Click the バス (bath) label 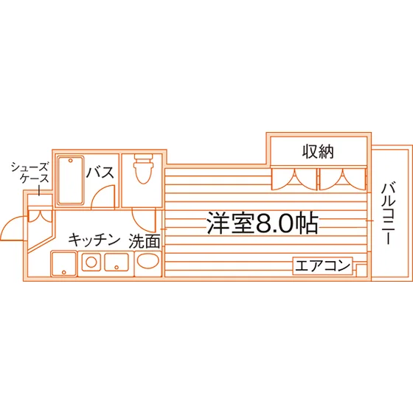coord(100,173)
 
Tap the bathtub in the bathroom coord(71,181)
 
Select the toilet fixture coord(144,169)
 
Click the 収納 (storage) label coord(318,151)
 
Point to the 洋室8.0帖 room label coord(263,223)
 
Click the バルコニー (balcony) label coord(388,213)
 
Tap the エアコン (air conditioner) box coord(322,265)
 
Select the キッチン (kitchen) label coord(94,240)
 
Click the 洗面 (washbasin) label coord(145,241)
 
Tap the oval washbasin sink coord(147,261)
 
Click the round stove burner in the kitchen coord(91,263)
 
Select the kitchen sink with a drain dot coord(117,262)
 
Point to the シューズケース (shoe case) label coord(30,173)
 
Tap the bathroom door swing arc coord(103,196)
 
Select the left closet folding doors coord(294,179)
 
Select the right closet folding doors coord(343,179)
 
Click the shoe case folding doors coord(41,216)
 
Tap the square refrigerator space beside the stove coord(63,264)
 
